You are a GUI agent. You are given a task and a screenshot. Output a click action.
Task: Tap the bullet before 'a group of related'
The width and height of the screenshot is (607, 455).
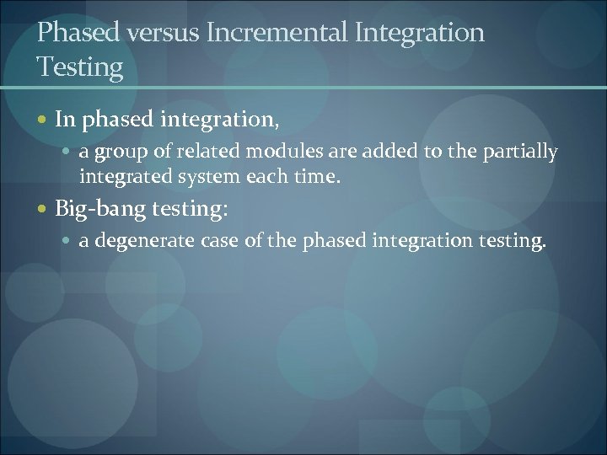[x=69, y=153]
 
